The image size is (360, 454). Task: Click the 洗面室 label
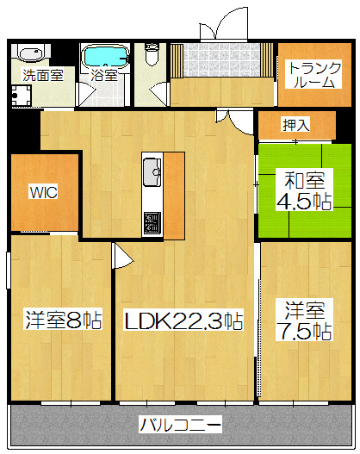tap(43, 75)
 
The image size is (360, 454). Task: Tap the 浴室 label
tap(104, 75)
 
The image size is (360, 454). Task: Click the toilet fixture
tap(152, 54)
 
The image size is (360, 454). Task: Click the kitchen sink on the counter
tap(152, 170)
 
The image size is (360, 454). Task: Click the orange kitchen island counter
tap(173, 196)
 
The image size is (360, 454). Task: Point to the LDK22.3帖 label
tap(183, 322)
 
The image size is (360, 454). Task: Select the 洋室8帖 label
tap(63, 321)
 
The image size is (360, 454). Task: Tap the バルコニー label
tap(180, 424)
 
